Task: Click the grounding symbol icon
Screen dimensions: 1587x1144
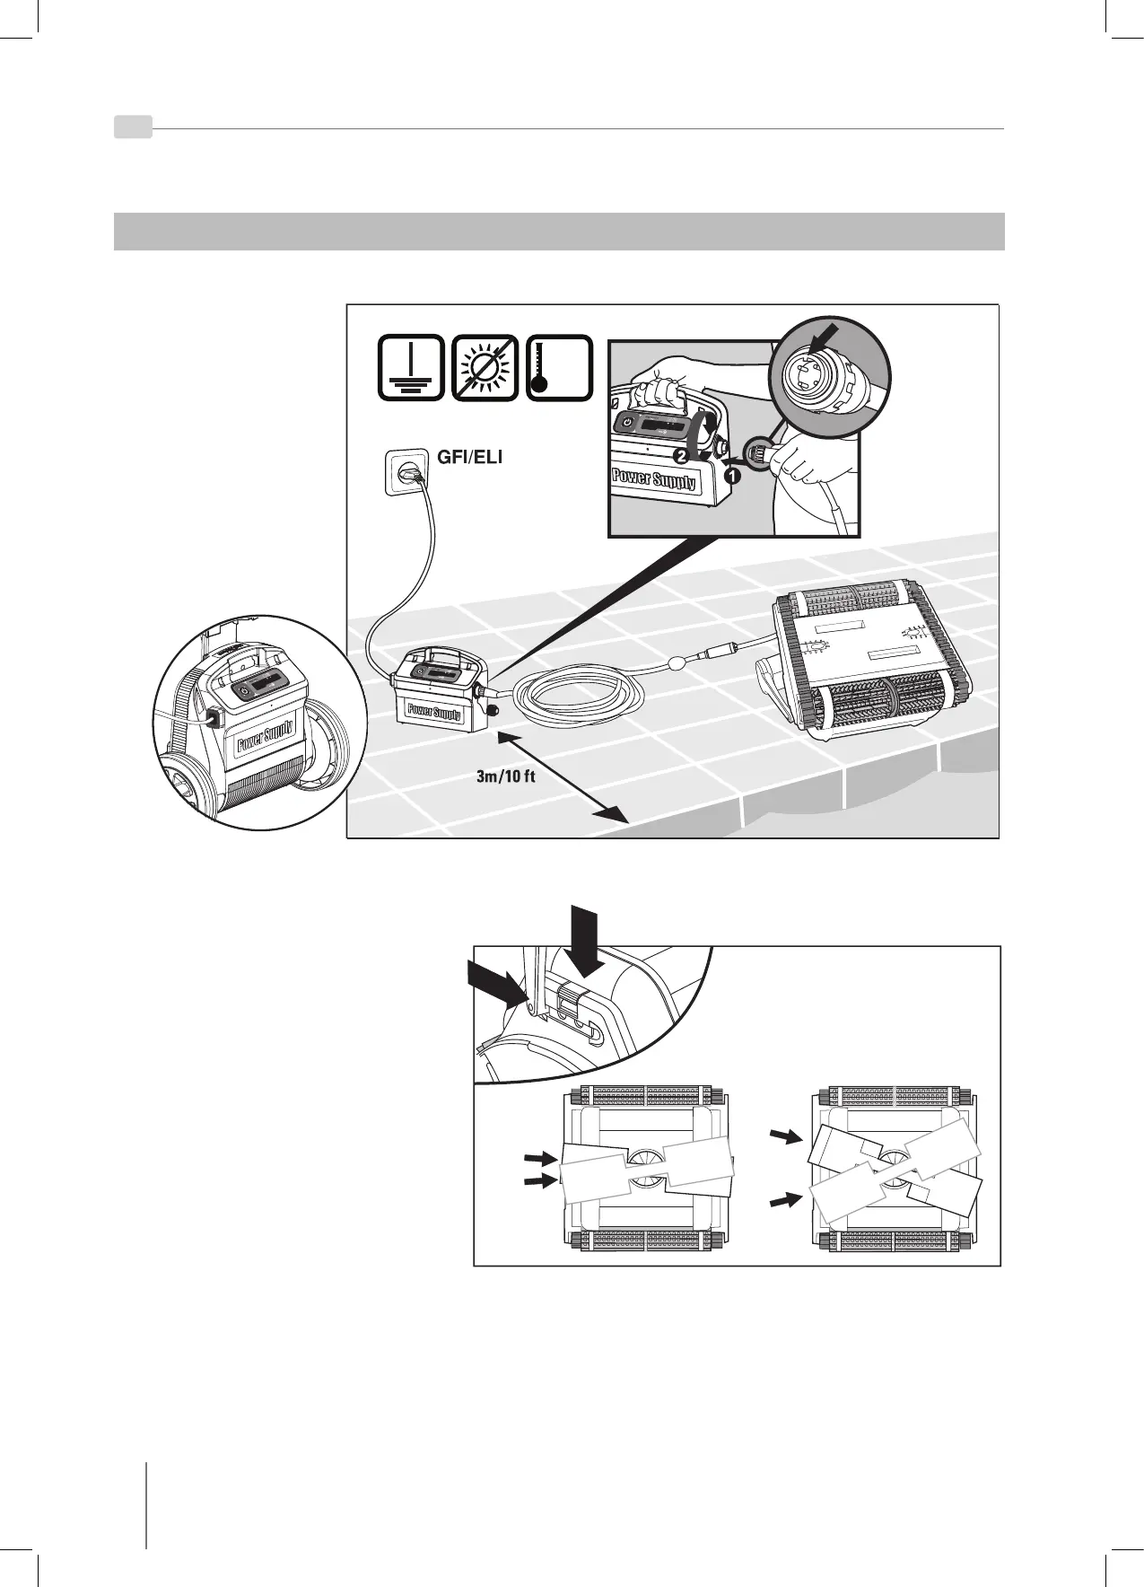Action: (411, 368)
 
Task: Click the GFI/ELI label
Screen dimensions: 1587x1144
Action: (469, 456)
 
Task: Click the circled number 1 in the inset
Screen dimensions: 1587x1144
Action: (733, 478)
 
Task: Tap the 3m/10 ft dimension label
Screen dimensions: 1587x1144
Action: (504, 776)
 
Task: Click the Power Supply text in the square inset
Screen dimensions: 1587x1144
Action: (653, 477)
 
